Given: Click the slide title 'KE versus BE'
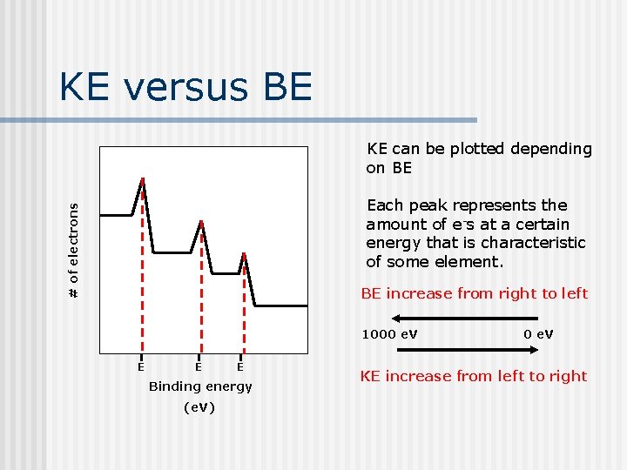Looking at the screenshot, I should click(185, 87).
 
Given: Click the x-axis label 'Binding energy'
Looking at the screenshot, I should click(200, 386).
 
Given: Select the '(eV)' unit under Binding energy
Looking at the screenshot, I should click(199, 407).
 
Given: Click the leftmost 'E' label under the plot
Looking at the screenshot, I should click(140, 367).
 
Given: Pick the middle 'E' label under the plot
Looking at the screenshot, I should click(199, 367).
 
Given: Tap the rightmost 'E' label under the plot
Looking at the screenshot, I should click(240, 367).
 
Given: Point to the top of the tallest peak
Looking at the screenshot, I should click(143, 179).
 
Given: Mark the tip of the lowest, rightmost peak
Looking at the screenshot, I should click(244, 254).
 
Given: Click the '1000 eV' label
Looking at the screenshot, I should click(389, 334).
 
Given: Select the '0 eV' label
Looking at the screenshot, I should click(538, 334).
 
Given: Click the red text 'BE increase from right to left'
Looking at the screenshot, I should click(475, 293).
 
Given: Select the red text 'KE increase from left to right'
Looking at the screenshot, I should click(474, 376).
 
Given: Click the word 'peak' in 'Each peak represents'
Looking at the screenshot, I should click(428, 205).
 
